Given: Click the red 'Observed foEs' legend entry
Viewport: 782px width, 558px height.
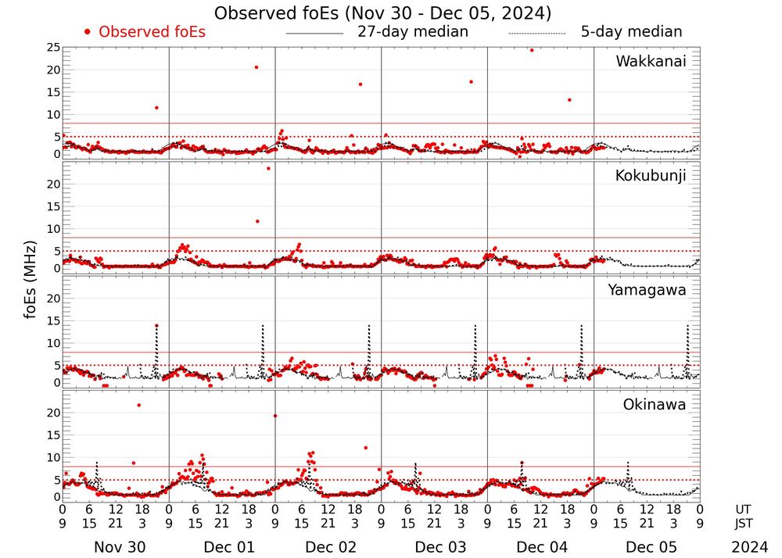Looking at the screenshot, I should click(145, 32).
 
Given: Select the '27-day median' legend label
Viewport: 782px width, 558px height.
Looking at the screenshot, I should click(413, 32).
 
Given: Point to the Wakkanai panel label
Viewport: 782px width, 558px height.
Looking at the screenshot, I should click(651, 62).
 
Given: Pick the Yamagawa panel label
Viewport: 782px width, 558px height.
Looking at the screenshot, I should click(647, 290).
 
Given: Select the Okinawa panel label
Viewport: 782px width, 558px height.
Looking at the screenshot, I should click(654, 405).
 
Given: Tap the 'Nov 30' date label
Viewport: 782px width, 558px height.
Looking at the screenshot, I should click(119, 547).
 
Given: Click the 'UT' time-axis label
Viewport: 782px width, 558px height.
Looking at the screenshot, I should click(744, 509).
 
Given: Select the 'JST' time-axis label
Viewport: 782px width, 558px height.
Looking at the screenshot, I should click(744, 523).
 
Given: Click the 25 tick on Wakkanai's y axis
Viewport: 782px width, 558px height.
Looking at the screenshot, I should click(53, 48).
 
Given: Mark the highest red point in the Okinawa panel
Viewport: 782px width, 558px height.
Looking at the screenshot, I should click(139, 405).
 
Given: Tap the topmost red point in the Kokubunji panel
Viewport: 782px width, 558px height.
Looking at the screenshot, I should click(268, 168).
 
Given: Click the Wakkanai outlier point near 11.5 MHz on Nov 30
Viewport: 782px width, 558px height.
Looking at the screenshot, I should click(156, 107).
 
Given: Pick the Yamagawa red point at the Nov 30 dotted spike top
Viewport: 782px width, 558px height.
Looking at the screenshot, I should click(156, 325).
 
